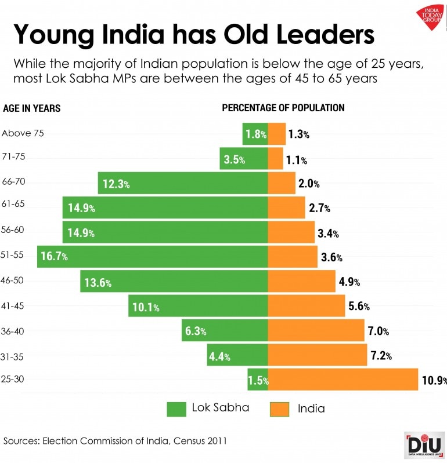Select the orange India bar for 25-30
coord(343,380)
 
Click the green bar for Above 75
coord(255,134)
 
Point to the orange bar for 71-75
coord(275,159)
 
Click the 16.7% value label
coord(53,257)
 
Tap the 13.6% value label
coord(98,283)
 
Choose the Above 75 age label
coord(23,133)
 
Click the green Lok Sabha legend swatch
coord(176,409)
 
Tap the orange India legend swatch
coord(279,409)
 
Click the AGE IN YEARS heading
coord(32,108)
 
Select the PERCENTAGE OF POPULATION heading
coord(283,108)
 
